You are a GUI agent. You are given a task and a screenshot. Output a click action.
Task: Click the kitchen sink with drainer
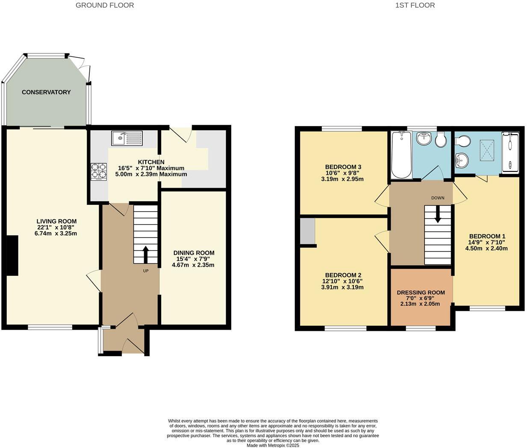coord(127,138)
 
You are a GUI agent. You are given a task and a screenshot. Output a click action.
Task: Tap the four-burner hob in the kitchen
coord(99,171)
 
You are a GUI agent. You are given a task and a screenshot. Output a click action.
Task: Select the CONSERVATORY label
coord(46,92)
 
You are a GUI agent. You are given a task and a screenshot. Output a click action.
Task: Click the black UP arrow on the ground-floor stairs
coord(145,255)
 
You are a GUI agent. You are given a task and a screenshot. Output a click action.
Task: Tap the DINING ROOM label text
coord(194,253)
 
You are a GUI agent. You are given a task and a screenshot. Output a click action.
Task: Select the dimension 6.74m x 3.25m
coord(56,233)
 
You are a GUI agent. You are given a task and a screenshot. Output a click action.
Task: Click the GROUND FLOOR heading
coord(105,6)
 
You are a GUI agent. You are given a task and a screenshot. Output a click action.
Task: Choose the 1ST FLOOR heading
coord(415,6)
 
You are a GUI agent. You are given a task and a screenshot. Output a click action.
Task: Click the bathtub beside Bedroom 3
coord(401,155)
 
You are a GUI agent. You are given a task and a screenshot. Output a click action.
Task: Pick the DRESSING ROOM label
coord(421,293)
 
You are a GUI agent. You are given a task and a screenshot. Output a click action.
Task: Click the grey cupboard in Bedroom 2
coord(307,231)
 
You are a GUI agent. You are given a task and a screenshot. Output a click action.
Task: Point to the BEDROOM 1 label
coord(487,236)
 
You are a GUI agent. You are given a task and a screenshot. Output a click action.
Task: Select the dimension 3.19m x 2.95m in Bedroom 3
coord(342,179)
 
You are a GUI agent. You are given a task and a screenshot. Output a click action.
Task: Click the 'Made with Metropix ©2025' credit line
coord(273,445)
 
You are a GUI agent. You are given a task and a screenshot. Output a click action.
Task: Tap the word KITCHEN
coord(151,162)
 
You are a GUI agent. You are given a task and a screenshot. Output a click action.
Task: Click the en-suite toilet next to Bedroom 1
coord(462,141)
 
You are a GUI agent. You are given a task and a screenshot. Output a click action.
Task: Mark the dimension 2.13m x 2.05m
coord(421,304)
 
